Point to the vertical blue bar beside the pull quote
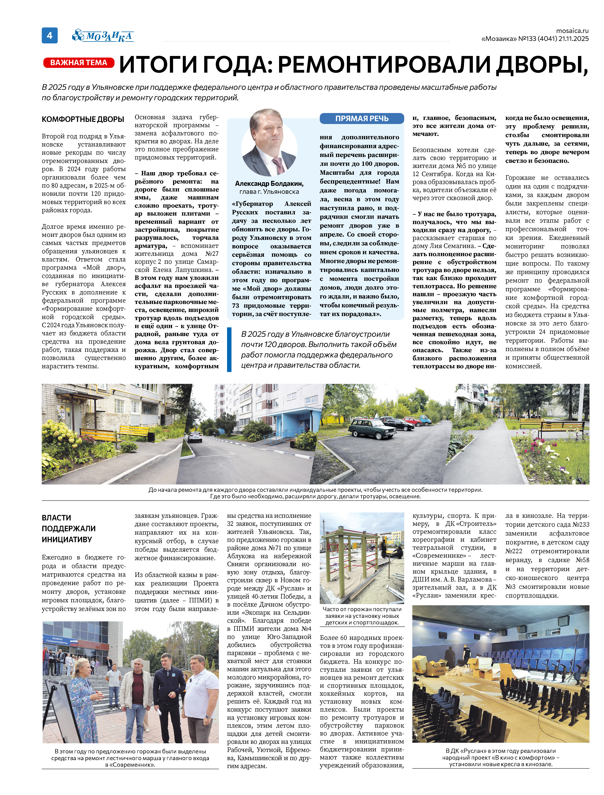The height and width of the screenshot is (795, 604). (x=229, y=349)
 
